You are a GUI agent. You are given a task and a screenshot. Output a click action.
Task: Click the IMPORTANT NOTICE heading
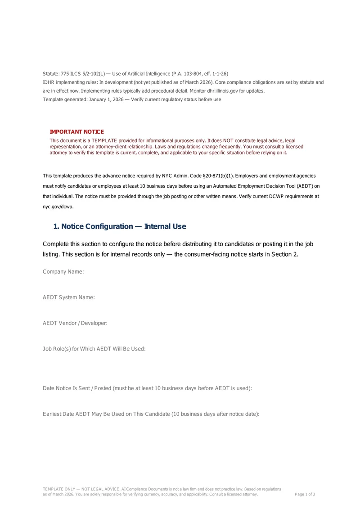[x=76, y=132]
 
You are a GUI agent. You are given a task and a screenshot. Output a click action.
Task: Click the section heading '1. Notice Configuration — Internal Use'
[x=119, y=226]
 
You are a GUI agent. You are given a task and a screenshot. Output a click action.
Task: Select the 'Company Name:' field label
[x=63, y=271]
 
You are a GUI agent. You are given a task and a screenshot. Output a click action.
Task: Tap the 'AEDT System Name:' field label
[x=69, y=297]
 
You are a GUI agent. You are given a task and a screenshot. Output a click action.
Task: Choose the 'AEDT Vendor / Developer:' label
[x=75, y=323]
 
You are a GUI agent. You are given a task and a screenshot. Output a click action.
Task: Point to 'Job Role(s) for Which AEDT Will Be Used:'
[x=94, y=349]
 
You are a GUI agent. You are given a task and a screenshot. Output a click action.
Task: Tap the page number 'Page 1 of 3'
[x=305, y=494]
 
